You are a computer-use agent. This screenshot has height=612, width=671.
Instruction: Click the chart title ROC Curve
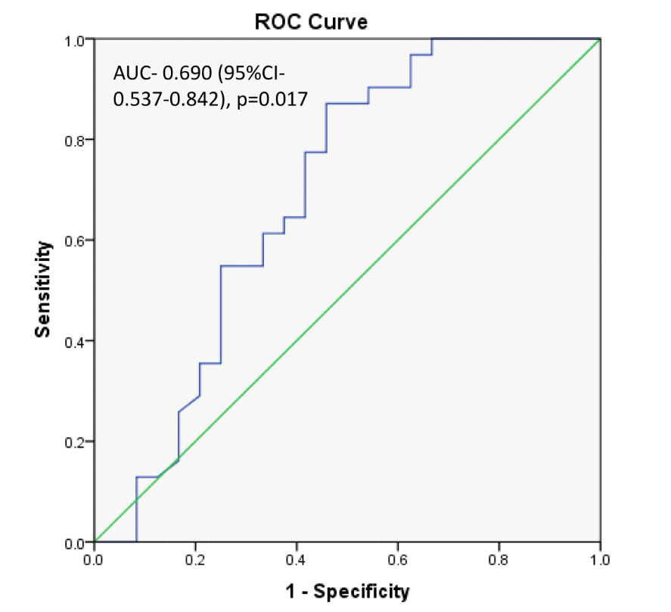click(x=310, y=22)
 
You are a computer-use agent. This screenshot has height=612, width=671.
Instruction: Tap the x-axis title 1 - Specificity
click(x=347, y=591)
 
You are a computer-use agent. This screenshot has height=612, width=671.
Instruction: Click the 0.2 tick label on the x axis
click(x=195, y=560)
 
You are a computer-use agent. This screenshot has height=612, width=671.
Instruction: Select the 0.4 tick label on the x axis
click(x=297, y=560)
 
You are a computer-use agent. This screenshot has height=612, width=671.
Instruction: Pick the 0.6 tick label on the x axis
click(x=397, y=560)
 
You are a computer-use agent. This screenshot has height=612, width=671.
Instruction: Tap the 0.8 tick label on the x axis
click(x=499, y=560)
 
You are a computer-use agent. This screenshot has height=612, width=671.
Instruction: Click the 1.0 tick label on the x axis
click(x=599, y=560)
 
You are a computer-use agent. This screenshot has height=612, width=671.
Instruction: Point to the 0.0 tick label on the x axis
click(x=94, y=560)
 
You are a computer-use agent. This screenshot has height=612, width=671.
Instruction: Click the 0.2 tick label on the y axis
click(x=76, y=442)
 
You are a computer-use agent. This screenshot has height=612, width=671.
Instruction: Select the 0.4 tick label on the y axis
click(x=76, y=341)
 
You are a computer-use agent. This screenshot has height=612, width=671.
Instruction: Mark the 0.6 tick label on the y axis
click(x=76, y=241)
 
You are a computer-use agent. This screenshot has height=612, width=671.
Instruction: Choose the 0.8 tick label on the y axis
click(x=76, y=140)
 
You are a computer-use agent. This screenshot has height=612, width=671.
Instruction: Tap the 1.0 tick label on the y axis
click(x=76, y=39)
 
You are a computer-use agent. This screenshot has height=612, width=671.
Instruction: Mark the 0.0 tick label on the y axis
click(x=76, y=542)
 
